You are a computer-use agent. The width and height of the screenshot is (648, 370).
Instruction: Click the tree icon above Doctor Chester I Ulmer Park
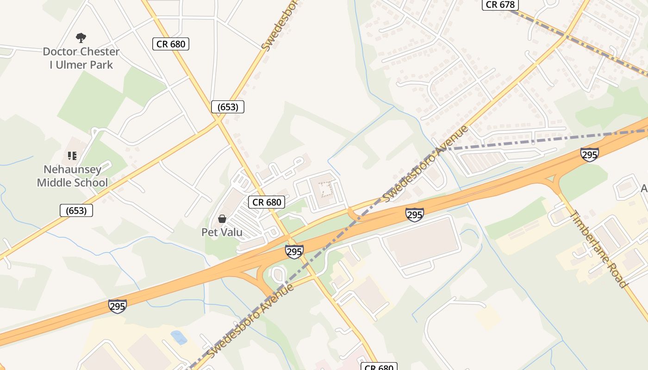81,37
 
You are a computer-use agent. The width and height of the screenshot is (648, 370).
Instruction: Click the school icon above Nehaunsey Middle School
72,155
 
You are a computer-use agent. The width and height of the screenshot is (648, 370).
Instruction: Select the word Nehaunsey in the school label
72,169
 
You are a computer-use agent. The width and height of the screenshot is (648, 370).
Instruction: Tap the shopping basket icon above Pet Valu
222,219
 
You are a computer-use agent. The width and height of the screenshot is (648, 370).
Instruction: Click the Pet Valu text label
222,232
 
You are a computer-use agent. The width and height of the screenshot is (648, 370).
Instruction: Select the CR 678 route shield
500,5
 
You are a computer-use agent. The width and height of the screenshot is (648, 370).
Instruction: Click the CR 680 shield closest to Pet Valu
267,202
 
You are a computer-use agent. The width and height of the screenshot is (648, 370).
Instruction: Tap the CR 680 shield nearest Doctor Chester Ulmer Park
171,44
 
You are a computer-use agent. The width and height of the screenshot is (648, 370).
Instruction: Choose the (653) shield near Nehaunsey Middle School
76,211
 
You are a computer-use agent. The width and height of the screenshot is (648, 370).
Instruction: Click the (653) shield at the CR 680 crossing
227,107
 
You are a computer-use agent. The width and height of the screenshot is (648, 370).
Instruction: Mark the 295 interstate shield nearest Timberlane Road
589,154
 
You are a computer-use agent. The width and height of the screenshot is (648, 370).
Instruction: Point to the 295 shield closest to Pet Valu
294,252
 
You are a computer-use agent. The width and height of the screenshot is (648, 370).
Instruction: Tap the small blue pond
179,338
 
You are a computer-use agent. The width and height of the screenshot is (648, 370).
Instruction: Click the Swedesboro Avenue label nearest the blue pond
251,321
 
